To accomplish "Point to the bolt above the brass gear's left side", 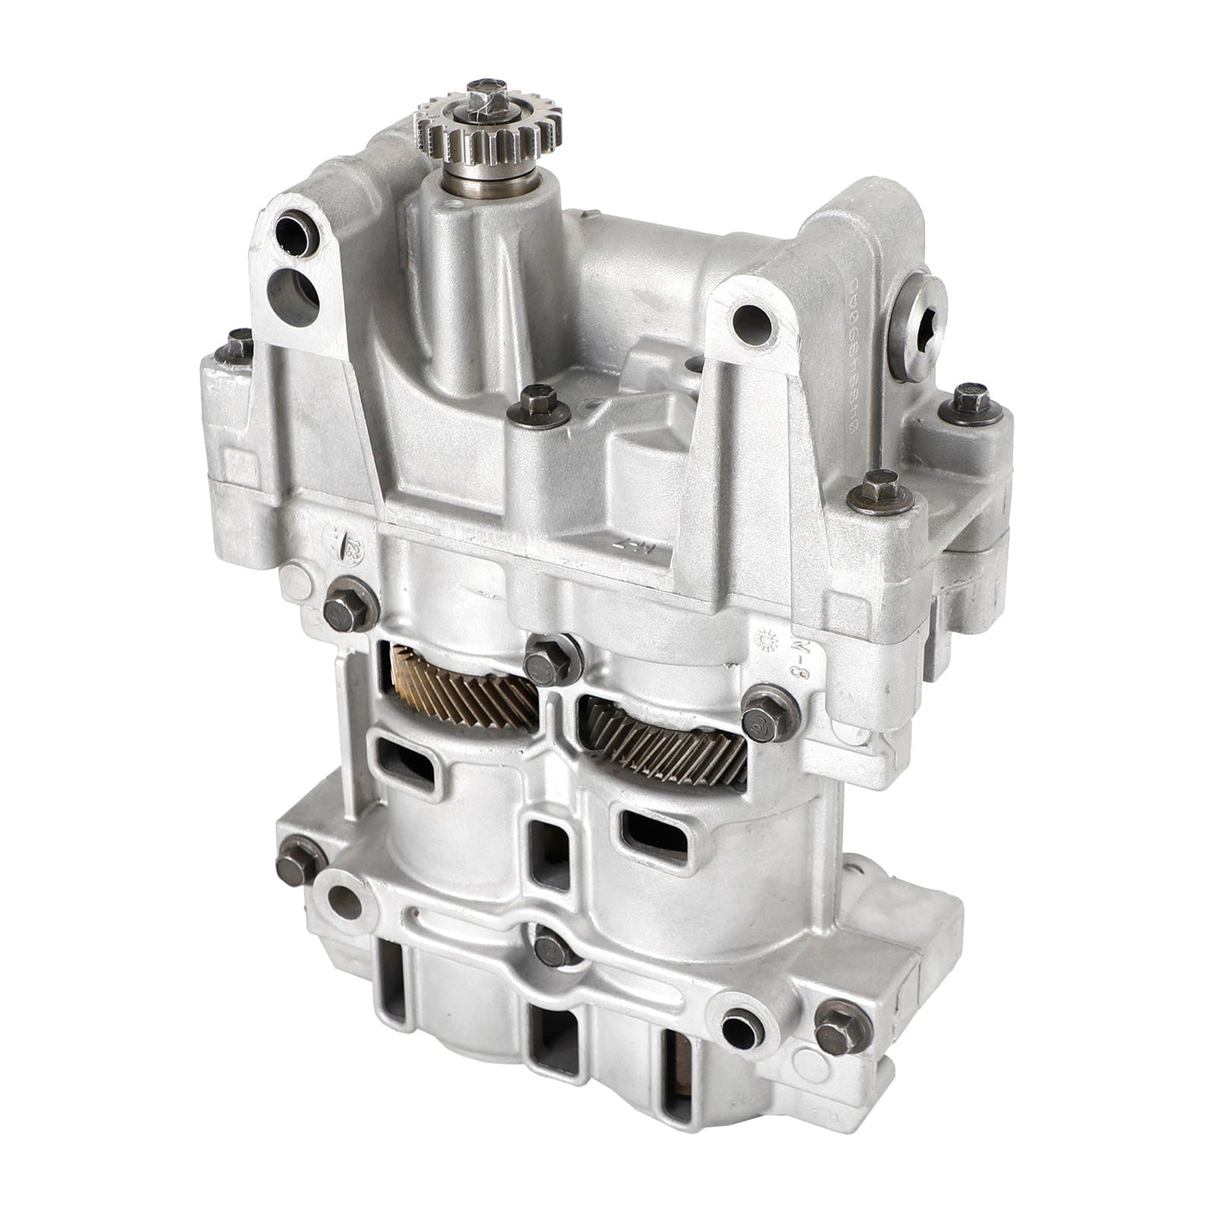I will (343, 603).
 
